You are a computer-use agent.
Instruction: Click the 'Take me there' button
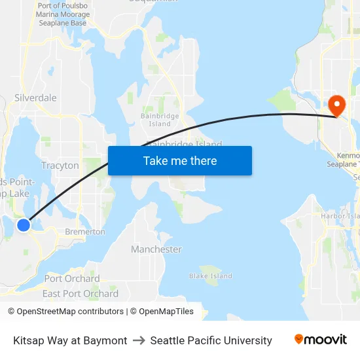click(x=180, y=160)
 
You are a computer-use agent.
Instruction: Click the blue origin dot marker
click(x=24, y=225)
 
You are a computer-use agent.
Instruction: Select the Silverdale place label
click(x=35, y=98)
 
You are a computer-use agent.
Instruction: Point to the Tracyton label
click(x=60, y=166)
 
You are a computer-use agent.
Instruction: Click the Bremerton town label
click(x=84, y=232)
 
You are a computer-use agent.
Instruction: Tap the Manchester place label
click(x=156, y=249)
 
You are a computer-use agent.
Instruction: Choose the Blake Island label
click(x=211, y=276)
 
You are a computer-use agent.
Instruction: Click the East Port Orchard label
click(x=81, y=293)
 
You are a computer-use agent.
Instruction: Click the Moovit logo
click(x=321, y=340)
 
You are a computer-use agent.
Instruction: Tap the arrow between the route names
click(x=139, y=340)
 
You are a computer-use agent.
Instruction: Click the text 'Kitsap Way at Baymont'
click(x=70, y=340)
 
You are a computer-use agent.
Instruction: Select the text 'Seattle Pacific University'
click(x=211, y=340)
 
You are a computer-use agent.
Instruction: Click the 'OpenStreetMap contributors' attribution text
click(x=67, y=312)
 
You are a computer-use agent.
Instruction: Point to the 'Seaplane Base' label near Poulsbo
click(x=61, y=23)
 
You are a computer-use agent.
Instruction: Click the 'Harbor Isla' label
click(x=340, y=216)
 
